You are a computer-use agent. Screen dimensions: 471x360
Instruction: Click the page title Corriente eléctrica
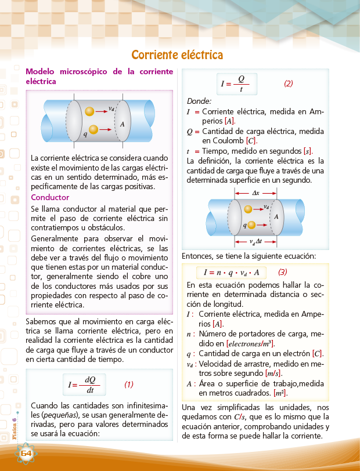click(x=177, y=55)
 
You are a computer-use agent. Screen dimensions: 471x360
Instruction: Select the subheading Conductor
click(x=50, y=197)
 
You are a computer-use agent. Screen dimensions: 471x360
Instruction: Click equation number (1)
click(x=129, y=384)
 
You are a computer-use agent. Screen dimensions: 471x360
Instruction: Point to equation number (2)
click(x=288, y=83)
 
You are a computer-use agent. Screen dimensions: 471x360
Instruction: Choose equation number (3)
click(x=283, y=271)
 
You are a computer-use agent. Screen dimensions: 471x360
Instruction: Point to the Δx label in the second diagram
click(x=256, y=193)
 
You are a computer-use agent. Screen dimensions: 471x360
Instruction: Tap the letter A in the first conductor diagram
click(x=123, y=124)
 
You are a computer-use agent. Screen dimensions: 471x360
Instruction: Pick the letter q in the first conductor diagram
click(x=85, y=134)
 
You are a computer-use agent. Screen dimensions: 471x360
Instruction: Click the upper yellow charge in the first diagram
click(x=89, y=111)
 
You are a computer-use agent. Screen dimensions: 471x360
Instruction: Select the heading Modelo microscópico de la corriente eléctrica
click(x=99, y=76)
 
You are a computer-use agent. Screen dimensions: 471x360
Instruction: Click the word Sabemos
click(x=43, y=321)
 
